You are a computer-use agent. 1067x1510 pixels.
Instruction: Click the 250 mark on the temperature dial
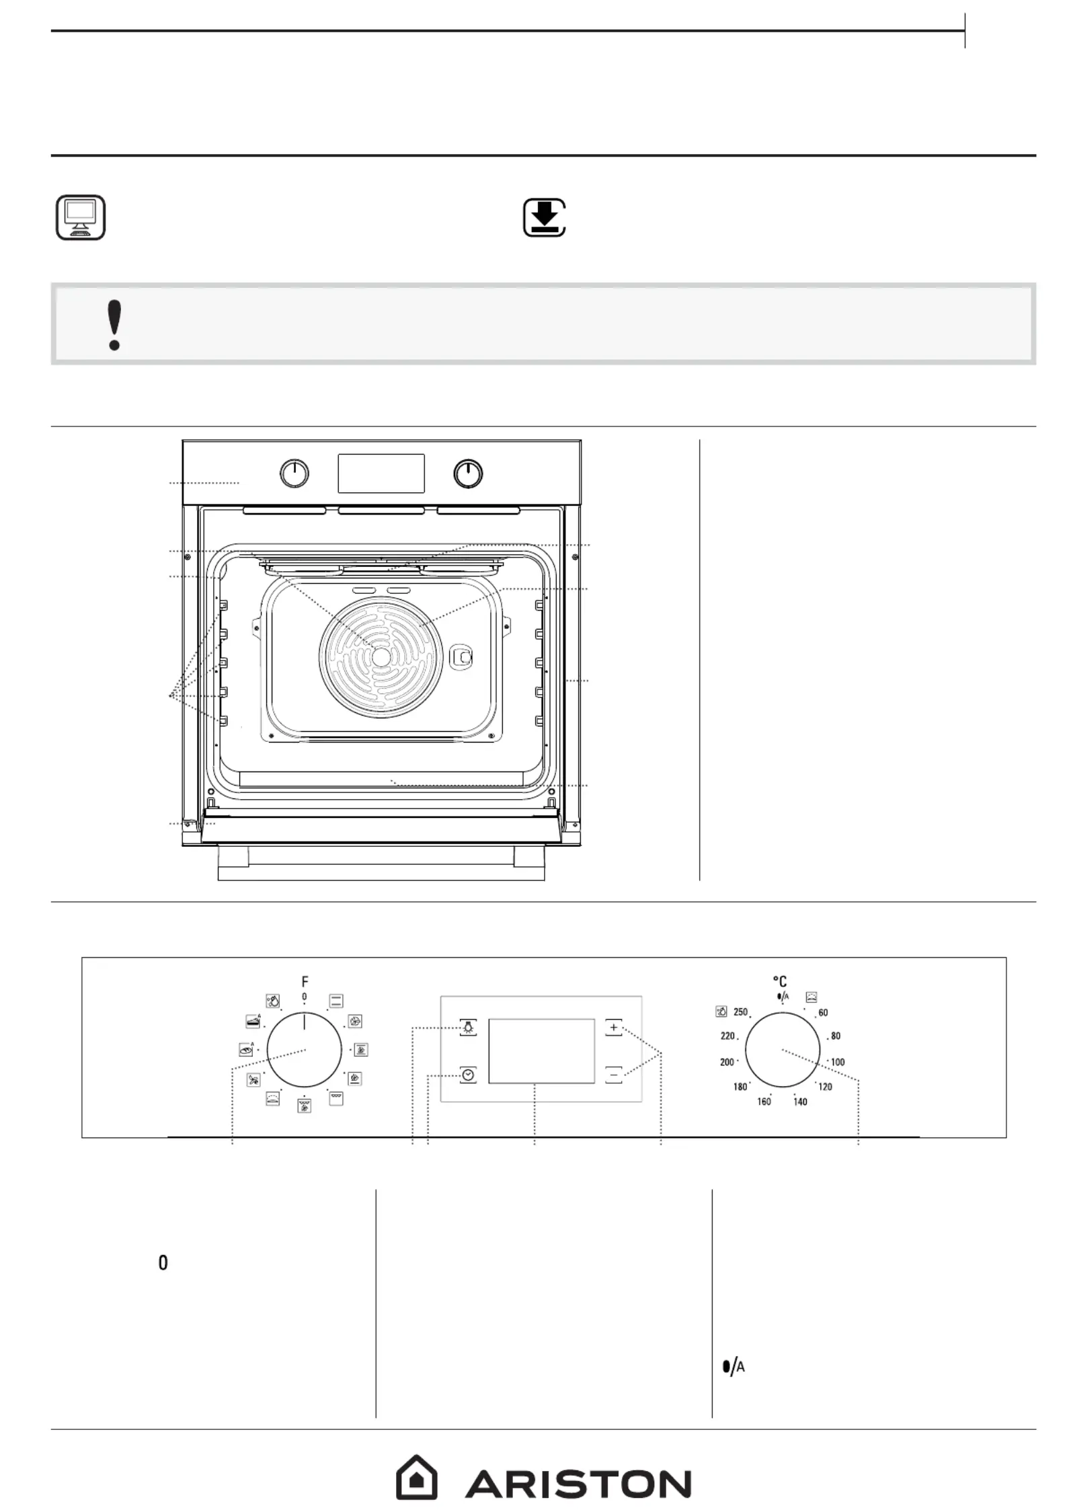point(740,1012)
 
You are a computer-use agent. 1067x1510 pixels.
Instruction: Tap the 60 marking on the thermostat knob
point(823,1013)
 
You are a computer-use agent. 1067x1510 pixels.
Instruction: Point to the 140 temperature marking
point(800,1102)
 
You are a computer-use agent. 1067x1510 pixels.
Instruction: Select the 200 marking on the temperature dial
point(727,1062)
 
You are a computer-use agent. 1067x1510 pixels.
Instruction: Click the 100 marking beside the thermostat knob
point(838,1062)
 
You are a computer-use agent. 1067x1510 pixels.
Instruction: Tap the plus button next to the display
point(613,1028)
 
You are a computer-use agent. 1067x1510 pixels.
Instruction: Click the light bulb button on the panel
point(468,1027)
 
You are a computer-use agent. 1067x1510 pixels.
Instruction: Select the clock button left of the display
point(468,1075)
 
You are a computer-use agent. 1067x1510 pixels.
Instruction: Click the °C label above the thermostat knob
point(780,982)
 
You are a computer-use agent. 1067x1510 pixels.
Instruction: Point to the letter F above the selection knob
point(305,982)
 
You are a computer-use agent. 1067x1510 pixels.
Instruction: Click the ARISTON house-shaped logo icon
point(416,1477)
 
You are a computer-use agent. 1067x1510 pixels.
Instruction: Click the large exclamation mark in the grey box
point(115,325)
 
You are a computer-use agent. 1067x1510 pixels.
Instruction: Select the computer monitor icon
point(81,217)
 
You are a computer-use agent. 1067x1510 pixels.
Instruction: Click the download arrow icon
point(545,217)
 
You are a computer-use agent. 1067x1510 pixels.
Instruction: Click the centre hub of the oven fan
point(381,657)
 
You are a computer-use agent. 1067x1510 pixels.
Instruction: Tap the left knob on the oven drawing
point(294,474)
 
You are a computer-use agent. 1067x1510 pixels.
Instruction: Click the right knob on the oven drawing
point(468,474)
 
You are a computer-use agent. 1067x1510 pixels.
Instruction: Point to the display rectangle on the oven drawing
point(381,473)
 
